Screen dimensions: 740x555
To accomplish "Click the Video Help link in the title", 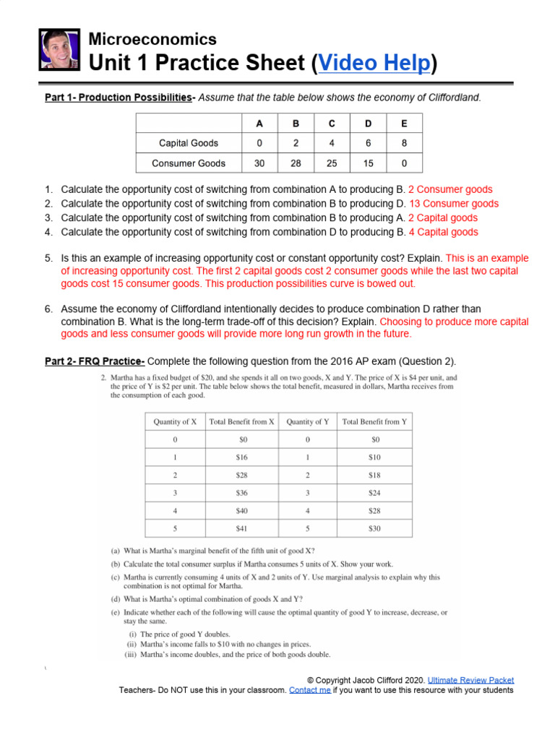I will (x=374, y=64).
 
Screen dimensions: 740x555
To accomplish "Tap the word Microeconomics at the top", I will (x=152, y=39).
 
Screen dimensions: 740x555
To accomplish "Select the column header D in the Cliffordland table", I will (x=369, y=124).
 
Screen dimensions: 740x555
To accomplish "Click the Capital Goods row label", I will (x=189, y=143).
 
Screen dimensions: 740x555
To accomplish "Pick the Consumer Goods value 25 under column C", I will (x=332, y=163).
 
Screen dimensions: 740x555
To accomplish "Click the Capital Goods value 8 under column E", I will (x=404, y=143).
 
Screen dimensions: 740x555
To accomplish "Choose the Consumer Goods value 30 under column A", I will (x=259, y=163).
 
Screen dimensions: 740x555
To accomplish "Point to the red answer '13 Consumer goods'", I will (x=453, y=204).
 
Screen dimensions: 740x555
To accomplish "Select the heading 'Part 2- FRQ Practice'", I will (x=95, y=361).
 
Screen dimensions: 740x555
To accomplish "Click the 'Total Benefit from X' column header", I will (x=241, y=421).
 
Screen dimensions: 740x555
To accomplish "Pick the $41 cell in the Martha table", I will (x=241, y=528).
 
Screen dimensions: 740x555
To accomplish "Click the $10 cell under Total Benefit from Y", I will (x=374, y=457).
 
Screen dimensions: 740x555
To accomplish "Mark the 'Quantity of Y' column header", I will (x=308, y=421).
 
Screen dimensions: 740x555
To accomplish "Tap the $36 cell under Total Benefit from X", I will (x=241, y=493).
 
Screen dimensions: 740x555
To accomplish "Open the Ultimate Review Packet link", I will (x=470, y=680).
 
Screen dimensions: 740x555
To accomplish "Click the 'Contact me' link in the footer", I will (x=309, y=690).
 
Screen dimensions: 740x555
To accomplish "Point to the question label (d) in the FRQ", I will (x=116, y=598).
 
